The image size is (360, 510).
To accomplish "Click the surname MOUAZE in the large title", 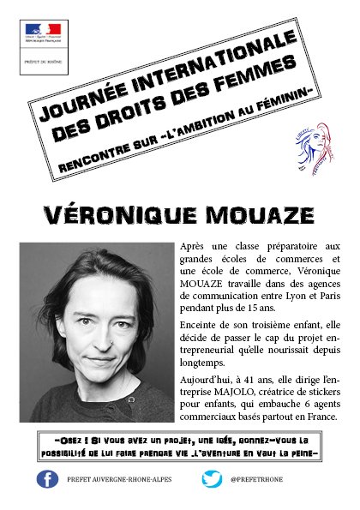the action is (243, 213).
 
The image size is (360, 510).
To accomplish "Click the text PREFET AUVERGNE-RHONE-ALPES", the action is (119, 480).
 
